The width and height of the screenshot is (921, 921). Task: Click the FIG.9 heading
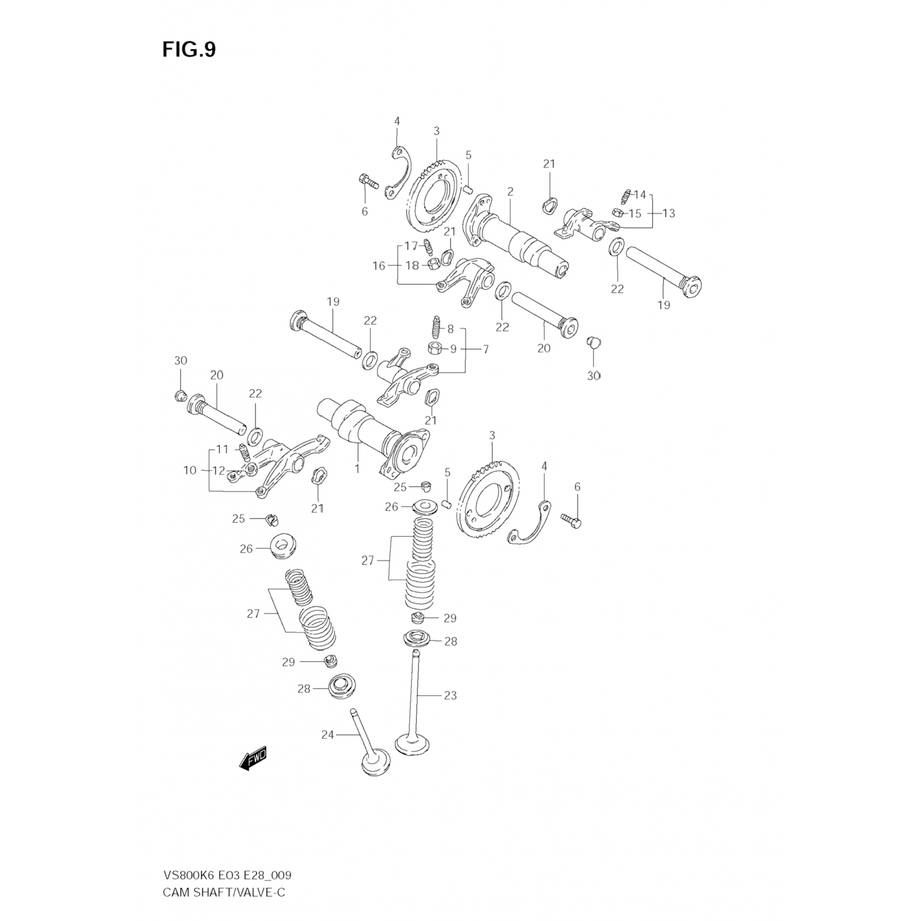click(x=189, y=50)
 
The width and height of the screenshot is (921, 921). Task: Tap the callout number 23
click(x=450, y=696)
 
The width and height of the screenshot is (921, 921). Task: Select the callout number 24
click(x=327, y=734)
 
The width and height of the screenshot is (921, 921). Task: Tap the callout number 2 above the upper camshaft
click(x=510, y=192)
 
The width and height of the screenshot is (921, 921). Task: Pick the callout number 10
click(x=190, y=470)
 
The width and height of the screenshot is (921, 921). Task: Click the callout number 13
click(x=668, y=213)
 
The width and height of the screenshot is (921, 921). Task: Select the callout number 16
click(x=379, y=266)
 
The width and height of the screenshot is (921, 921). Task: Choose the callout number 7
click(x=485, y=349)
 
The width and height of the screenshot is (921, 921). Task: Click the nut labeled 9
click(x=433, y=349)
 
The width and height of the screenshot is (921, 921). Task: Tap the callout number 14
click(x=640, y=195)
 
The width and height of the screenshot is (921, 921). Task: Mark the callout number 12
click(x=219, y=470)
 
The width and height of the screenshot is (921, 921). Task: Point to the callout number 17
click(x=411, y=246)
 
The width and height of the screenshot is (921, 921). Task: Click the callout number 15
click(x=635, y=214)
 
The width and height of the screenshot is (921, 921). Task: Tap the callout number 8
click(x=450, y=329)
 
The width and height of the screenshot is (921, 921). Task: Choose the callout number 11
click(x=221, y=449)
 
